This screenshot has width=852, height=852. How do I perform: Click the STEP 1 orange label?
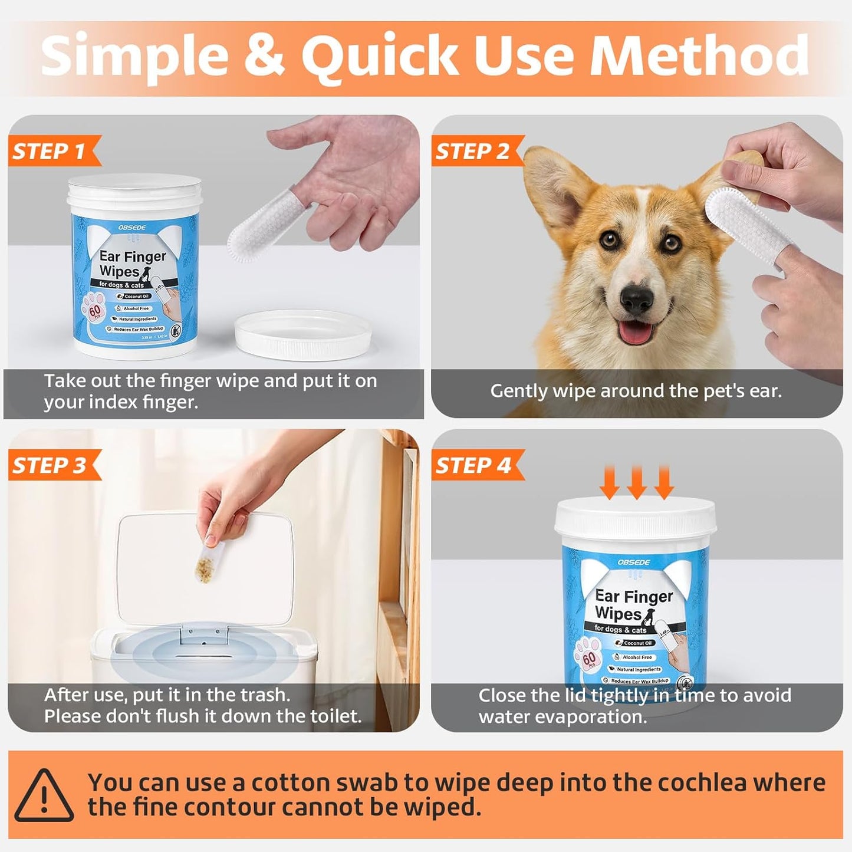pos(50,152)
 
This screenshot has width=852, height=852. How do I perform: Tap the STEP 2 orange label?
pos(472,152)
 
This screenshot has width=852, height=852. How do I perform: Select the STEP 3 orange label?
pos(50,466)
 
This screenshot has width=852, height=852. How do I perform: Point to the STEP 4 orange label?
pos(472,466)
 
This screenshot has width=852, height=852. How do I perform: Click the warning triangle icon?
pos(44,795)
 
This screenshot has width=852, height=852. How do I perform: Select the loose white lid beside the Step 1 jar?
pos(303,334)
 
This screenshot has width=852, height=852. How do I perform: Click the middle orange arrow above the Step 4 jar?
pos(636,482)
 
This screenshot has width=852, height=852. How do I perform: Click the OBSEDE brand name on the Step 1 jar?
pos(131,228)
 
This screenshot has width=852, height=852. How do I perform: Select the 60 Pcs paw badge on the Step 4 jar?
pos(588,658)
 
